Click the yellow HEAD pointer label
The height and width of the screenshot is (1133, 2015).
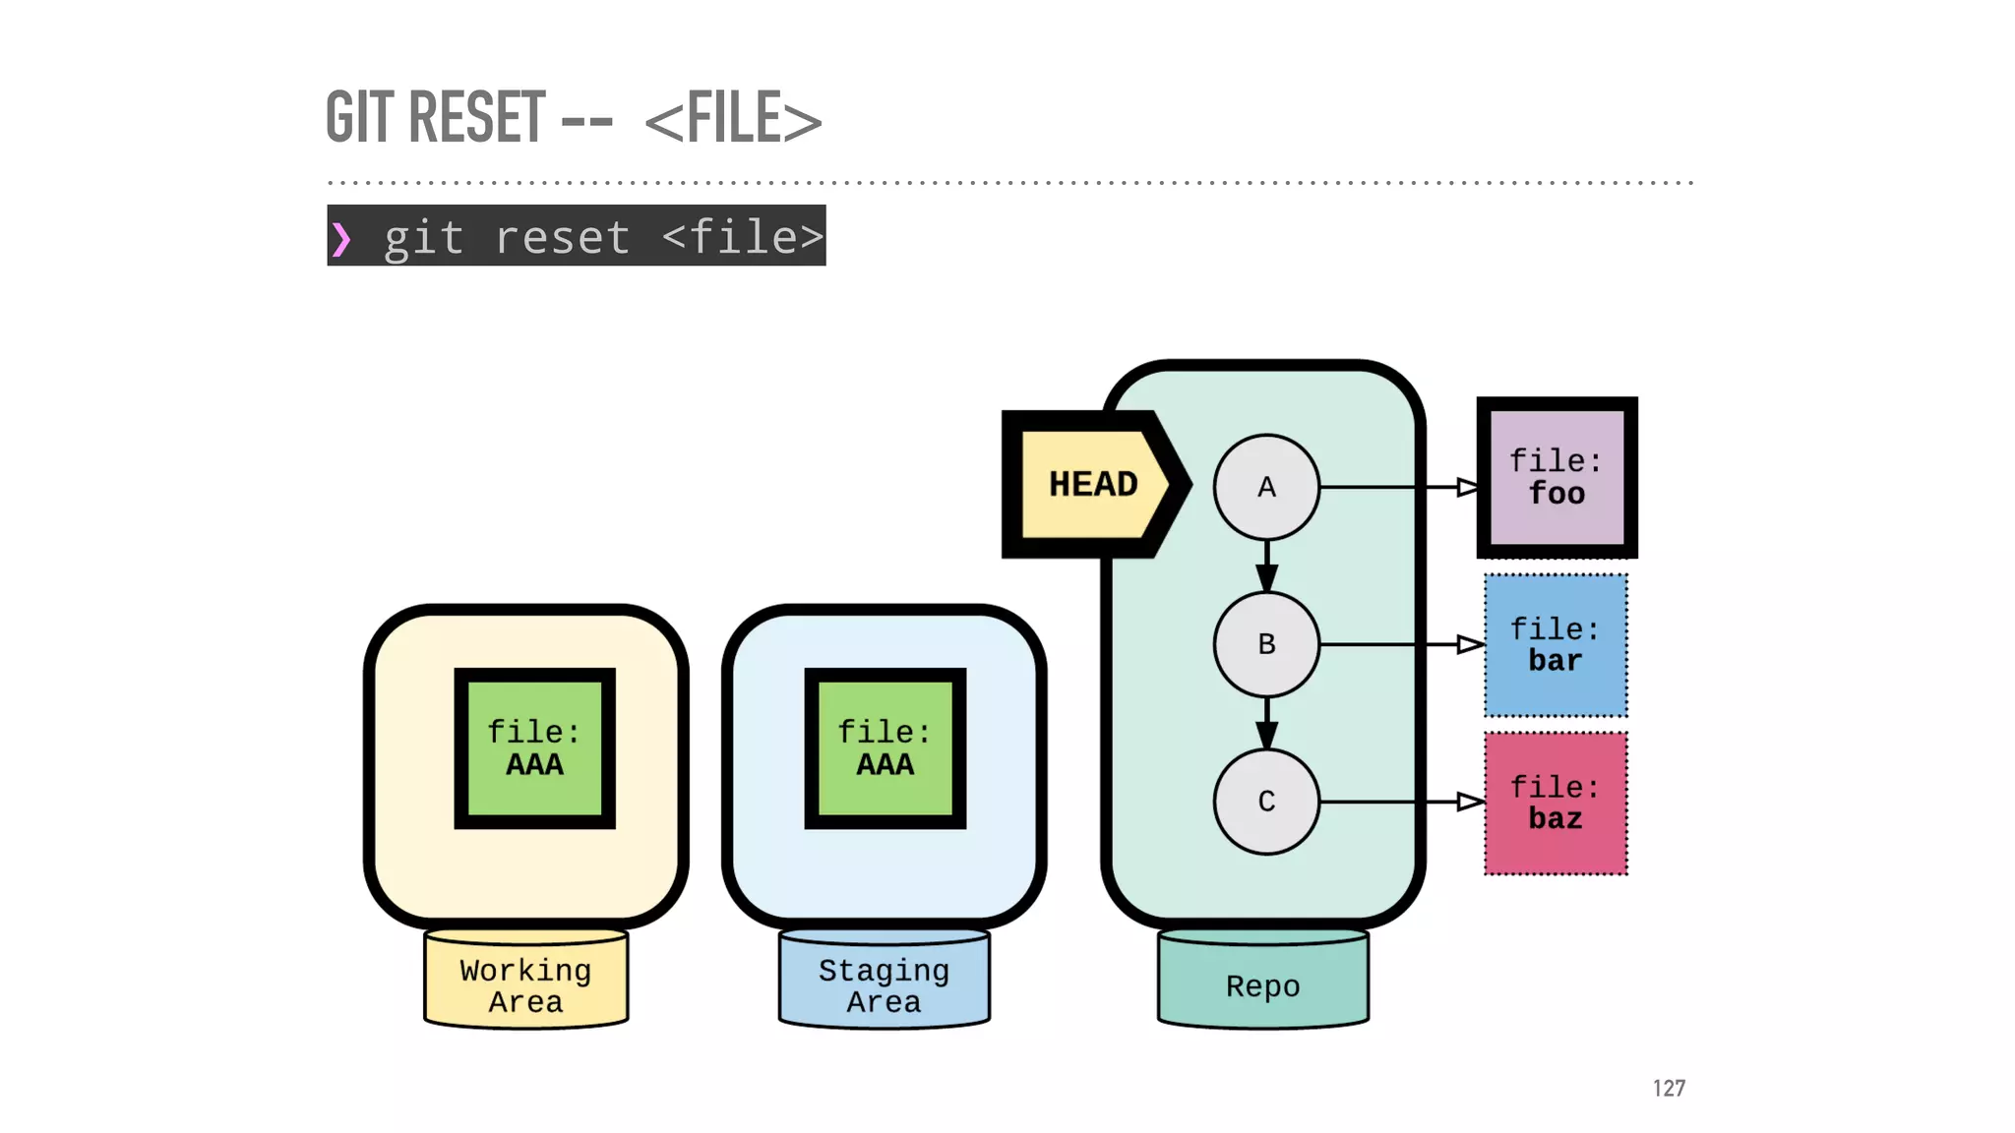pyautogui.click(x=1092, y=484)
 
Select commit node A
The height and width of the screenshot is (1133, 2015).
pyautogui.click(x=1266, y=487)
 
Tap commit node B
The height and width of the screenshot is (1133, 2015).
pyautogui.click(x=1266, y=644)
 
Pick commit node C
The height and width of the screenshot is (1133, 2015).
pyautogui.click(x=1266, y=802)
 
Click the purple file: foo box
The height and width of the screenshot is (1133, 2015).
pyautogui.click(x=1557, y=478)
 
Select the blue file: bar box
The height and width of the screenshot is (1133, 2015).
pyautogui.click(x=1556, y=645)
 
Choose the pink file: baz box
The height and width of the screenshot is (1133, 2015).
pyautogui.click(x=1556, y=803)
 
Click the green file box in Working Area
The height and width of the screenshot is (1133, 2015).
pyautogui.click(x=534, y=748)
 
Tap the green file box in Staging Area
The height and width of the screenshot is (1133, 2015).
pyautogui.click(x=885, y=748)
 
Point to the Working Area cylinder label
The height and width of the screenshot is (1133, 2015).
pyautogui.click(x=525, y=984)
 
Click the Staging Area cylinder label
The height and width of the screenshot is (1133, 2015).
pyautogui.click(x=884, y=984)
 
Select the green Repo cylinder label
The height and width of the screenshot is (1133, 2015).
pyautogui.click(x=1262, y=985)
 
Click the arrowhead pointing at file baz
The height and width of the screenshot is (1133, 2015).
pyautogui.click(x=1469, y=802)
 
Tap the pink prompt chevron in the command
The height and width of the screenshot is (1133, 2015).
pyautogui.click(x=340, y=239)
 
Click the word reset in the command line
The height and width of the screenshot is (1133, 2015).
pyautogui.click(x=562, y=238)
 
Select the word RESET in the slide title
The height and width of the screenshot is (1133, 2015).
pyautogui.click(x=477, y=117)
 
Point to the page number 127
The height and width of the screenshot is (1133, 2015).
pyautogui.click(x=1669, y=1088)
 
